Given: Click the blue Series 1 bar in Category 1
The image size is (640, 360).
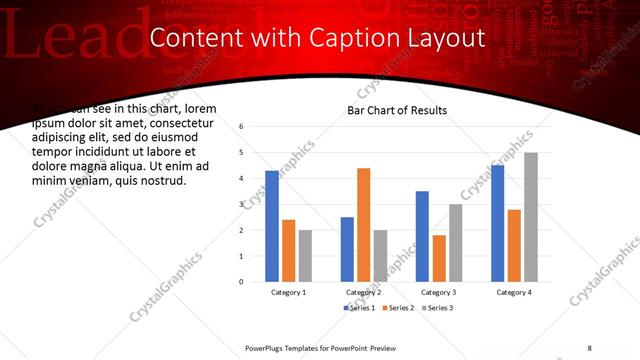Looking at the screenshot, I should click(272, 226).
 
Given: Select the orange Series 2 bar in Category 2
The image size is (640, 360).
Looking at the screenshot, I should click(363, 225).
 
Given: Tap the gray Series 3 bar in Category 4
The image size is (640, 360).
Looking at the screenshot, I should click(531, 217).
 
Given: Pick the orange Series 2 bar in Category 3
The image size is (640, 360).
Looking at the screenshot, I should click(439, 258).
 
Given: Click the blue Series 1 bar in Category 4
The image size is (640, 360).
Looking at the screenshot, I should click(498, 223).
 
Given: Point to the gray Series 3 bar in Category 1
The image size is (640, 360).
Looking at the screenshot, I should click(305, 256).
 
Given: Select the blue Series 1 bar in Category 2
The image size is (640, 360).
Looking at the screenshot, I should click(347, 249).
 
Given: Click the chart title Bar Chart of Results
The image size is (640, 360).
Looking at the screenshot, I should click(397, 110).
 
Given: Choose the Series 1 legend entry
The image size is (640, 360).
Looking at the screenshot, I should click(360, 308).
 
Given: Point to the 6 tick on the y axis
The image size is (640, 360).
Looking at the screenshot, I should click(242, 127).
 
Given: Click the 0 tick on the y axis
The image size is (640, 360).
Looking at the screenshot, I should click(242, 282).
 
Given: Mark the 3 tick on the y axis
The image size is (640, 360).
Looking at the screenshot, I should click(242, 204).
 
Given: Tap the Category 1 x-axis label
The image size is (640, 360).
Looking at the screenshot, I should click(289, 292).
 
